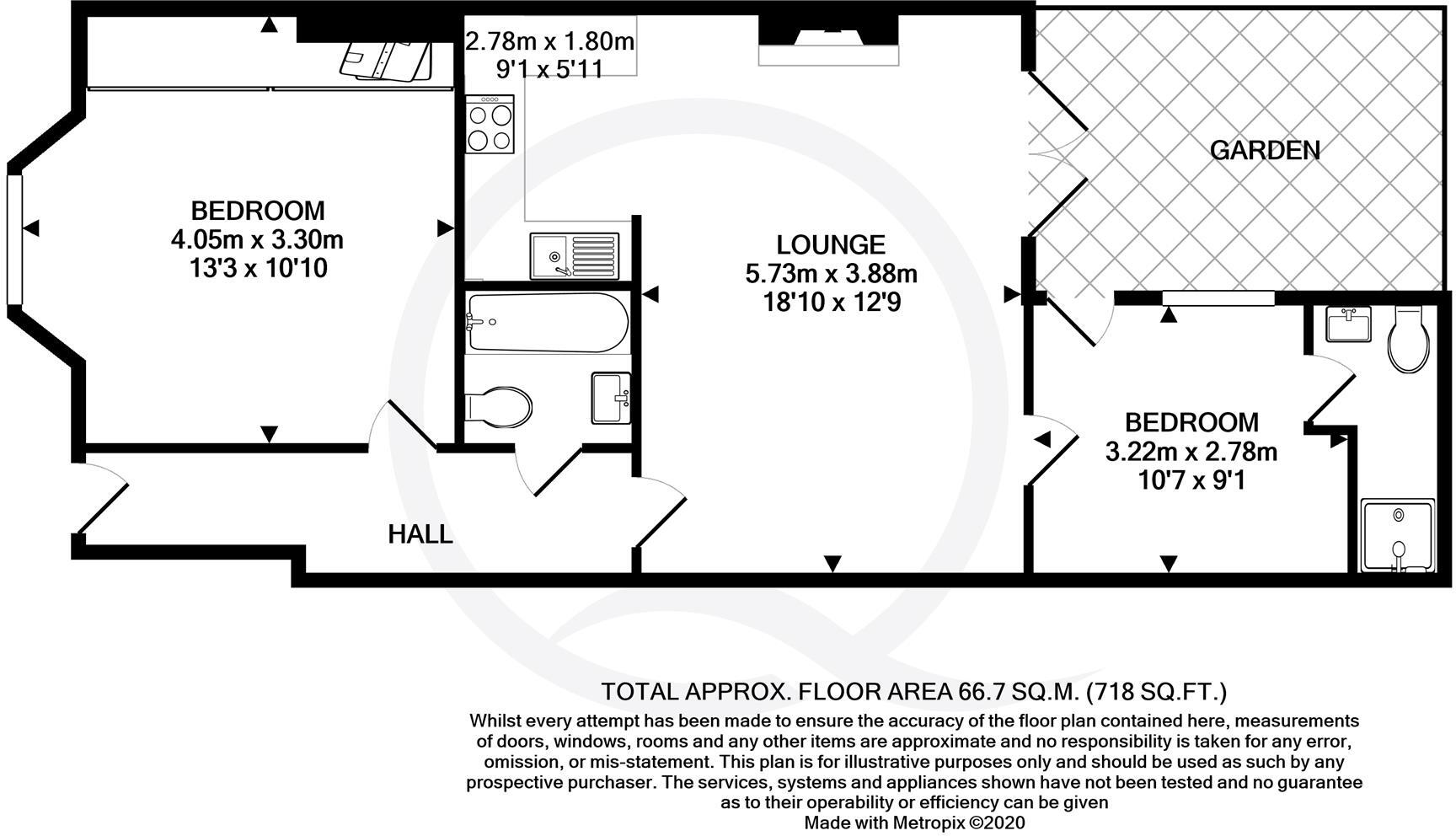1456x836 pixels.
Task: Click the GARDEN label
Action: click(1265, 151)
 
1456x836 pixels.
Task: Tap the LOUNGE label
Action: click(831, 245)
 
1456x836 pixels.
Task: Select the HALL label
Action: click(420, 534)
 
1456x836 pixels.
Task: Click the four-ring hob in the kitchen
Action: click(490, 125)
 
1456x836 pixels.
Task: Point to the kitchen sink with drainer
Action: click(575, 256)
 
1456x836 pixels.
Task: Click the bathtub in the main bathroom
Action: click(547, 323)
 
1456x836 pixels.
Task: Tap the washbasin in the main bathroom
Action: click(611, 398)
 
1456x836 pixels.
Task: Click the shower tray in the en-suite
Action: click(1398, 536)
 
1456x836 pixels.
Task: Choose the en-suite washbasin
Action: click(1348, 324)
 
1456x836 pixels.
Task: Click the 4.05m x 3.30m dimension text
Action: click(257, 240)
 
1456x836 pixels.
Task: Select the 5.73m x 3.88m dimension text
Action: click(831, 274)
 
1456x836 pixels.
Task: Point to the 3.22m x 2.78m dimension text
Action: click(1191, 452)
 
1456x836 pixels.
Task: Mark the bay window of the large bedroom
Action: click(13, 237)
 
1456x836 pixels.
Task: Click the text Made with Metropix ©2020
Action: click(914, 823)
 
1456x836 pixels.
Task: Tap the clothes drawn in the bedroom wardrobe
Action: click(388, 61)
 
